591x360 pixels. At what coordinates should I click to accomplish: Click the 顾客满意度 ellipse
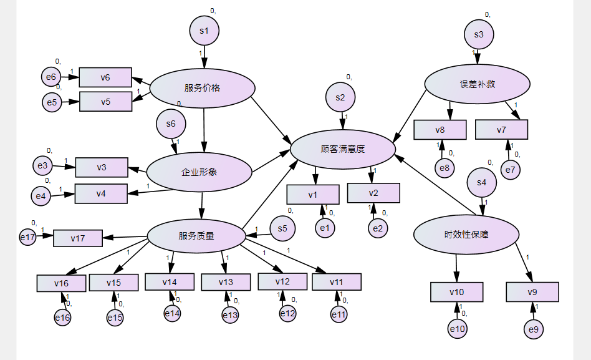point(343,149)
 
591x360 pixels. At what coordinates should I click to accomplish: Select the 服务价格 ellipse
point(203,88)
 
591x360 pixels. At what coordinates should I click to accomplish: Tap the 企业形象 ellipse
point(199,172)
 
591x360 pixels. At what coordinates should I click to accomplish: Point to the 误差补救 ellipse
point(478,84)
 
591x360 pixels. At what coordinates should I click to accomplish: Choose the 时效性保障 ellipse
point(466,235)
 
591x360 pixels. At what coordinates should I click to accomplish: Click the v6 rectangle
point(105,77)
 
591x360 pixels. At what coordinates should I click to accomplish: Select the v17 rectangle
point(77,238)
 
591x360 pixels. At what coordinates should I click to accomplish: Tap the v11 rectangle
point(337,282)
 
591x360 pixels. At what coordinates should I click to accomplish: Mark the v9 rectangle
point(532,292)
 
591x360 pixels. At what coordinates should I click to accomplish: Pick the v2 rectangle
point(373,193)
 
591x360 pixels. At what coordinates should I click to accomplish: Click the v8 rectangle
point(440,130)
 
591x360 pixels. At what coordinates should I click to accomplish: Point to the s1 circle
point(204,31)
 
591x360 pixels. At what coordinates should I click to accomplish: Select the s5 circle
point(283,228)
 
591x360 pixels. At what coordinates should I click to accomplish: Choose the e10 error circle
point(458,328)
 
